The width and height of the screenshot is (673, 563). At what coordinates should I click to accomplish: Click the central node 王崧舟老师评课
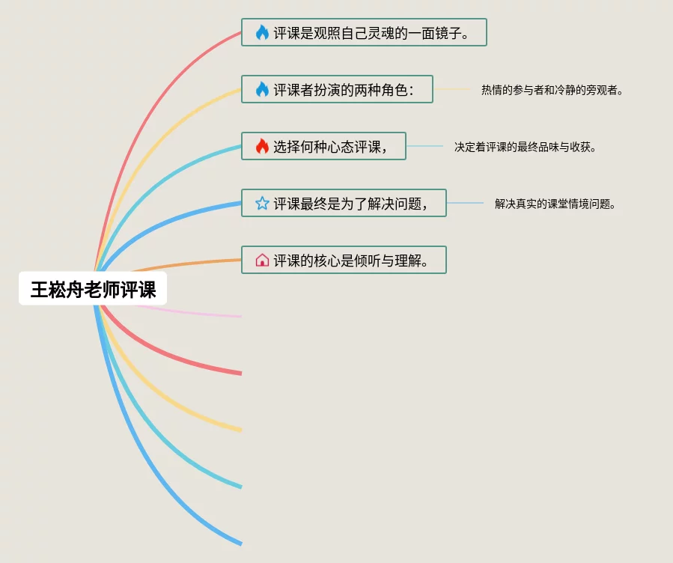point(93,289)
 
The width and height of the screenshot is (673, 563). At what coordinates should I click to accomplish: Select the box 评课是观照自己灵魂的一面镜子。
point(364,32)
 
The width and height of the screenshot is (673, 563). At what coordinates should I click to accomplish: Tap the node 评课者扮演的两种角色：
point(337,89)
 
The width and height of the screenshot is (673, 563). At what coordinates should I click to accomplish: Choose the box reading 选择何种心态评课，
point(323,146)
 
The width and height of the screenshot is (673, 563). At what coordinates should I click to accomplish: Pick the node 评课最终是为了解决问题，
point(344,203)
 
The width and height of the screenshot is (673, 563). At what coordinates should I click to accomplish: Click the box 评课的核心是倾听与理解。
point(344,260)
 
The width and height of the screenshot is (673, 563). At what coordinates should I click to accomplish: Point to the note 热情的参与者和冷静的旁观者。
point(552,90)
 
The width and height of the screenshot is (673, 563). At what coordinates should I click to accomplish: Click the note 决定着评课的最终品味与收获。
point(526,147)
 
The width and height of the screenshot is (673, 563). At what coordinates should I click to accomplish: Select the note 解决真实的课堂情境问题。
point(555,204)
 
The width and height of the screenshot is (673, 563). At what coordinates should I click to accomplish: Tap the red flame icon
point(262,146)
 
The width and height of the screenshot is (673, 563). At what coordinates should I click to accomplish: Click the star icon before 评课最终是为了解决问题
point(262,203)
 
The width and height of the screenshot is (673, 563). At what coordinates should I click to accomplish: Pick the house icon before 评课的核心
point(262,260)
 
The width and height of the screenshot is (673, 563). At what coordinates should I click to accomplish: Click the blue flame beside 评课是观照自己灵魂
point(262,32)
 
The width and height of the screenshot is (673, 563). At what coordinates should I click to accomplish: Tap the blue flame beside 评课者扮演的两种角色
point(262,89)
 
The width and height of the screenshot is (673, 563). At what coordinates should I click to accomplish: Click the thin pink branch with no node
point(195,313)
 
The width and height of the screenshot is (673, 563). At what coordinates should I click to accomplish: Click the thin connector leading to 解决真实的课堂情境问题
point(465,203)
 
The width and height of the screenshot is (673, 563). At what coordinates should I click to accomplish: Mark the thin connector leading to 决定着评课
point(424,146)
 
